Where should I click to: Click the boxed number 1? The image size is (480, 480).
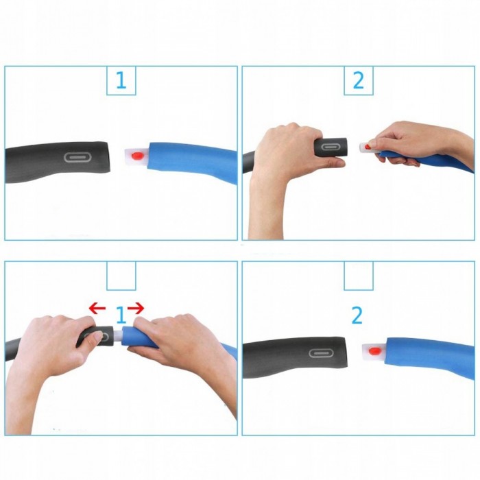point(121,80)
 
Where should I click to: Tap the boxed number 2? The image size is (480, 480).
point(359,80)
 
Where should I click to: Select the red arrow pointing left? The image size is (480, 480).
point(97,308)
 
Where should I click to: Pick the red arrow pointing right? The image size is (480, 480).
point(136,308)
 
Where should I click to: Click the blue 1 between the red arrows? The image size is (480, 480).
point(121,315)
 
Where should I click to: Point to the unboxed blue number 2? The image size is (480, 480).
point(357,315)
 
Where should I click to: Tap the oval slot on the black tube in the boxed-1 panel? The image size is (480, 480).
point(77,158)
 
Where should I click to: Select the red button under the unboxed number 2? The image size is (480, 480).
point(375,351)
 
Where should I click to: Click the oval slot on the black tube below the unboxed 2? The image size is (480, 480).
point(320,353)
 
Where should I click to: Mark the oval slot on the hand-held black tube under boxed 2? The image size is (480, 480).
point(329,147)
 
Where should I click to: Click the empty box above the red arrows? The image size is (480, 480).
point(121,276)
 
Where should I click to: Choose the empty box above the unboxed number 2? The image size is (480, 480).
point(359,276)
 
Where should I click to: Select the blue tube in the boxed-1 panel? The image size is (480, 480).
point(193,161)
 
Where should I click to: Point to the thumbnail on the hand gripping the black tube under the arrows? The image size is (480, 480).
point(98,337)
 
